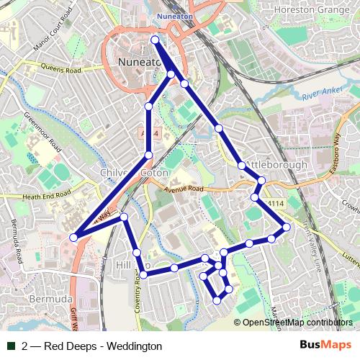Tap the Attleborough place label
coord(276,165)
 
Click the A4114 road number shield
coord(276,204)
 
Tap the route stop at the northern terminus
coord(156,40)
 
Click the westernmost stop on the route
coord(73,236)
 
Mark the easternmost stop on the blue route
coord(286,228)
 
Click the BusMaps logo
coord(329,346)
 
